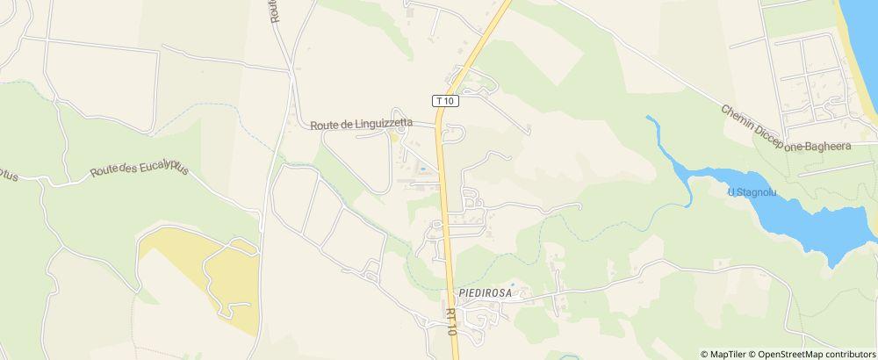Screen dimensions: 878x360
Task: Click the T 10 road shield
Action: pos(446,101)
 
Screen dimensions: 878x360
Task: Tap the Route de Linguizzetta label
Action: pos(373,125)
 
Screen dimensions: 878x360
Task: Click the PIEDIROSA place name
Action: pos(485,292)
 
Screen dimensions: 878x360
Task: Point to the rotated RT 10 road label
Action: pos(450,320)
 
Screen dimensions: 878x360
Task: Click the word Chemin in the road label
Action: pos(739,119)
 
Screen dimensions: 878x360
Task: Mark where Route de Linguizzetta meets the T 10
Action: pos(438,126)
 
